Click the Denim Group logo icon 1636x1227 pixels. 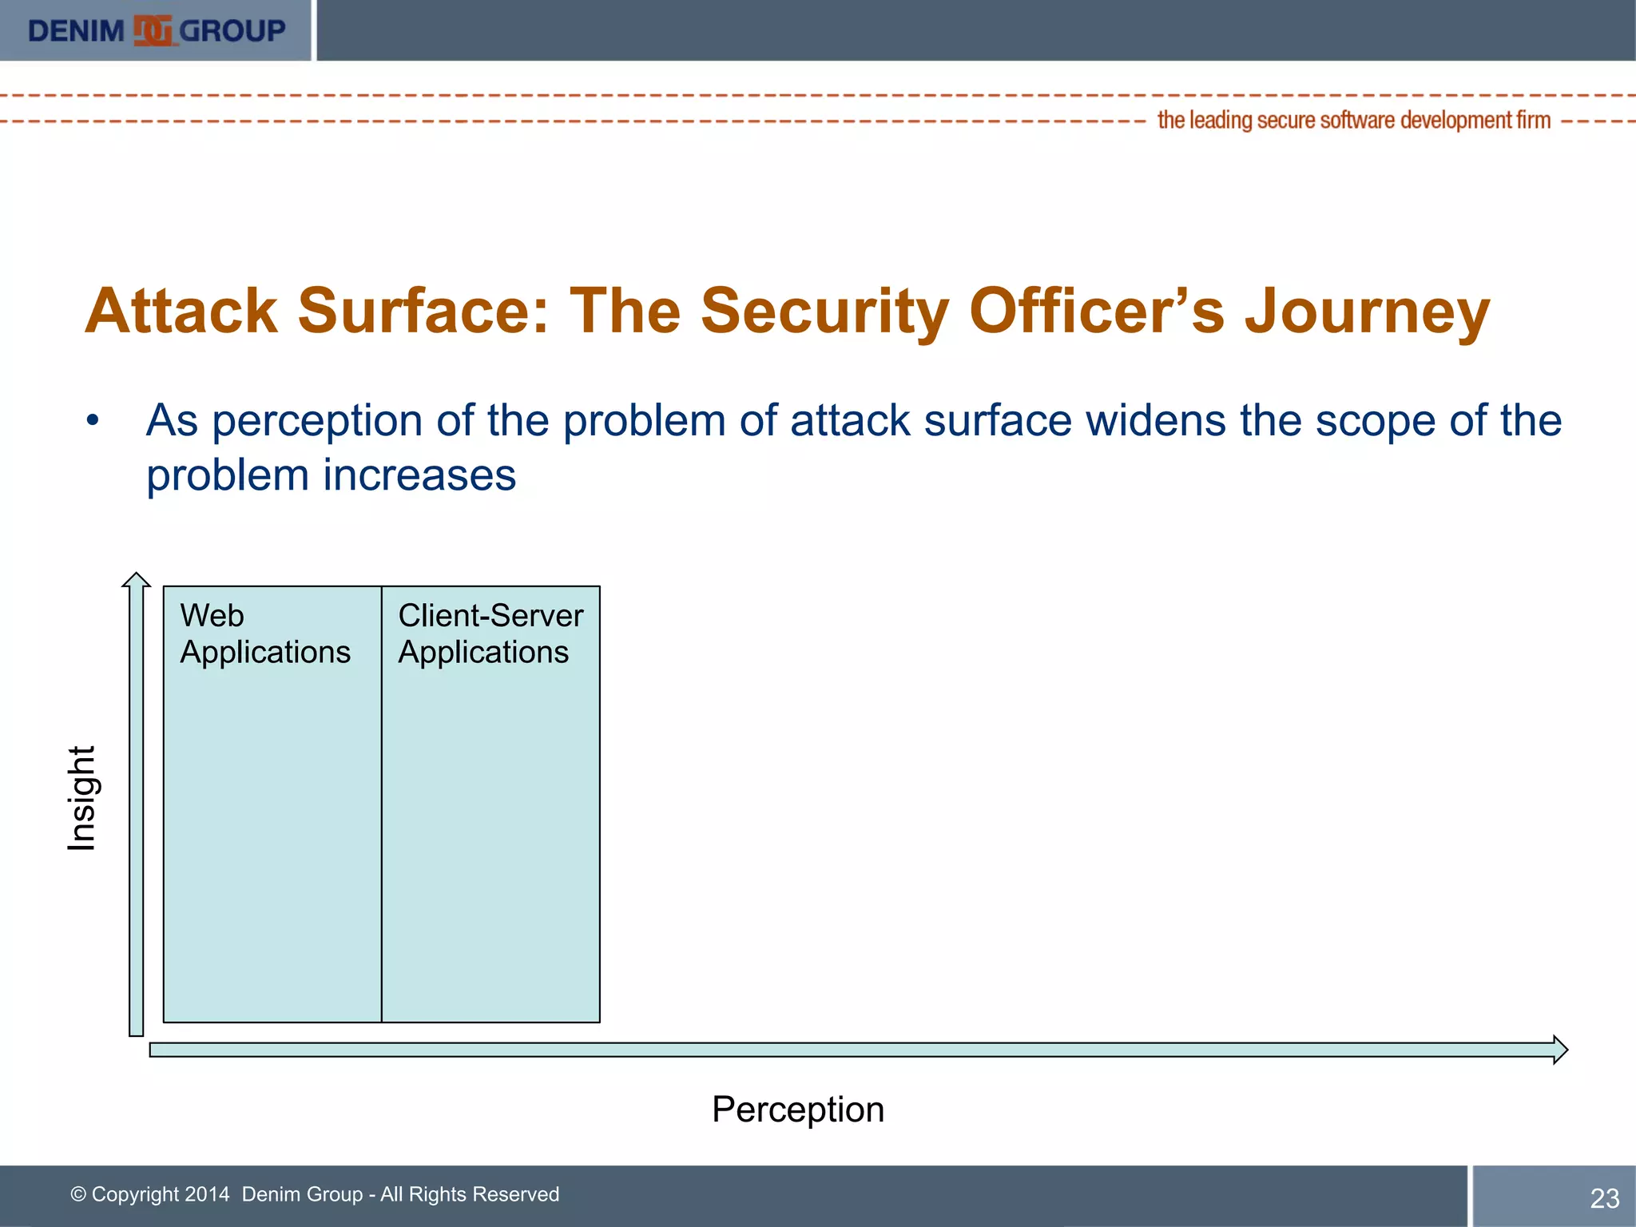pos(153,31)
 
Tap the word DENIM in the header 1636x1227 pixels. pos(76,31)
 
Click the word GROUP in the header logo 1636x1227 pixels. pos(232,31)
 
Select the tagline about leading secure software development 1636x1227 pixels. pos(1353,121)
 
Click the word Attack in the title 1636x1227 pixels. pos(181,312)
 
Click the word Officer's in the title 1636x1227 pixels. pos(1096,312)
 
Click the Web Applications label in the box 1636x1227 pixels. pos(264,633)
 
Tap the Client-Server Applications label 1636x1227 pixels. pos(490,633)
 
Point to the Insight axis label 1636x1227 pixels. pos(81,798)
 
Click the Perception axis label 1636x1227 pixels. pos(797,1110)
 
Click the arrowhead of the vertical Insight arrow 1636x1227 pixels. pos(137,581)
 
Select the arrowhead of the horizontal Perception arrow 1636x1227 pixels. pos(1559,1050)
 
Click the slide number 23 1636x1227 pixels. pos(1604,1198)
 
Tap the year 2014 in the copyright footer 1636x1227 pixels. pos(207,1194)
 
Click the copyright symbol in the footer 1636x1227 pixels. pos(78,1194)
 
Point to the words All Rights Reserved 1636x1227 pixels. pos(469,1194)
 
